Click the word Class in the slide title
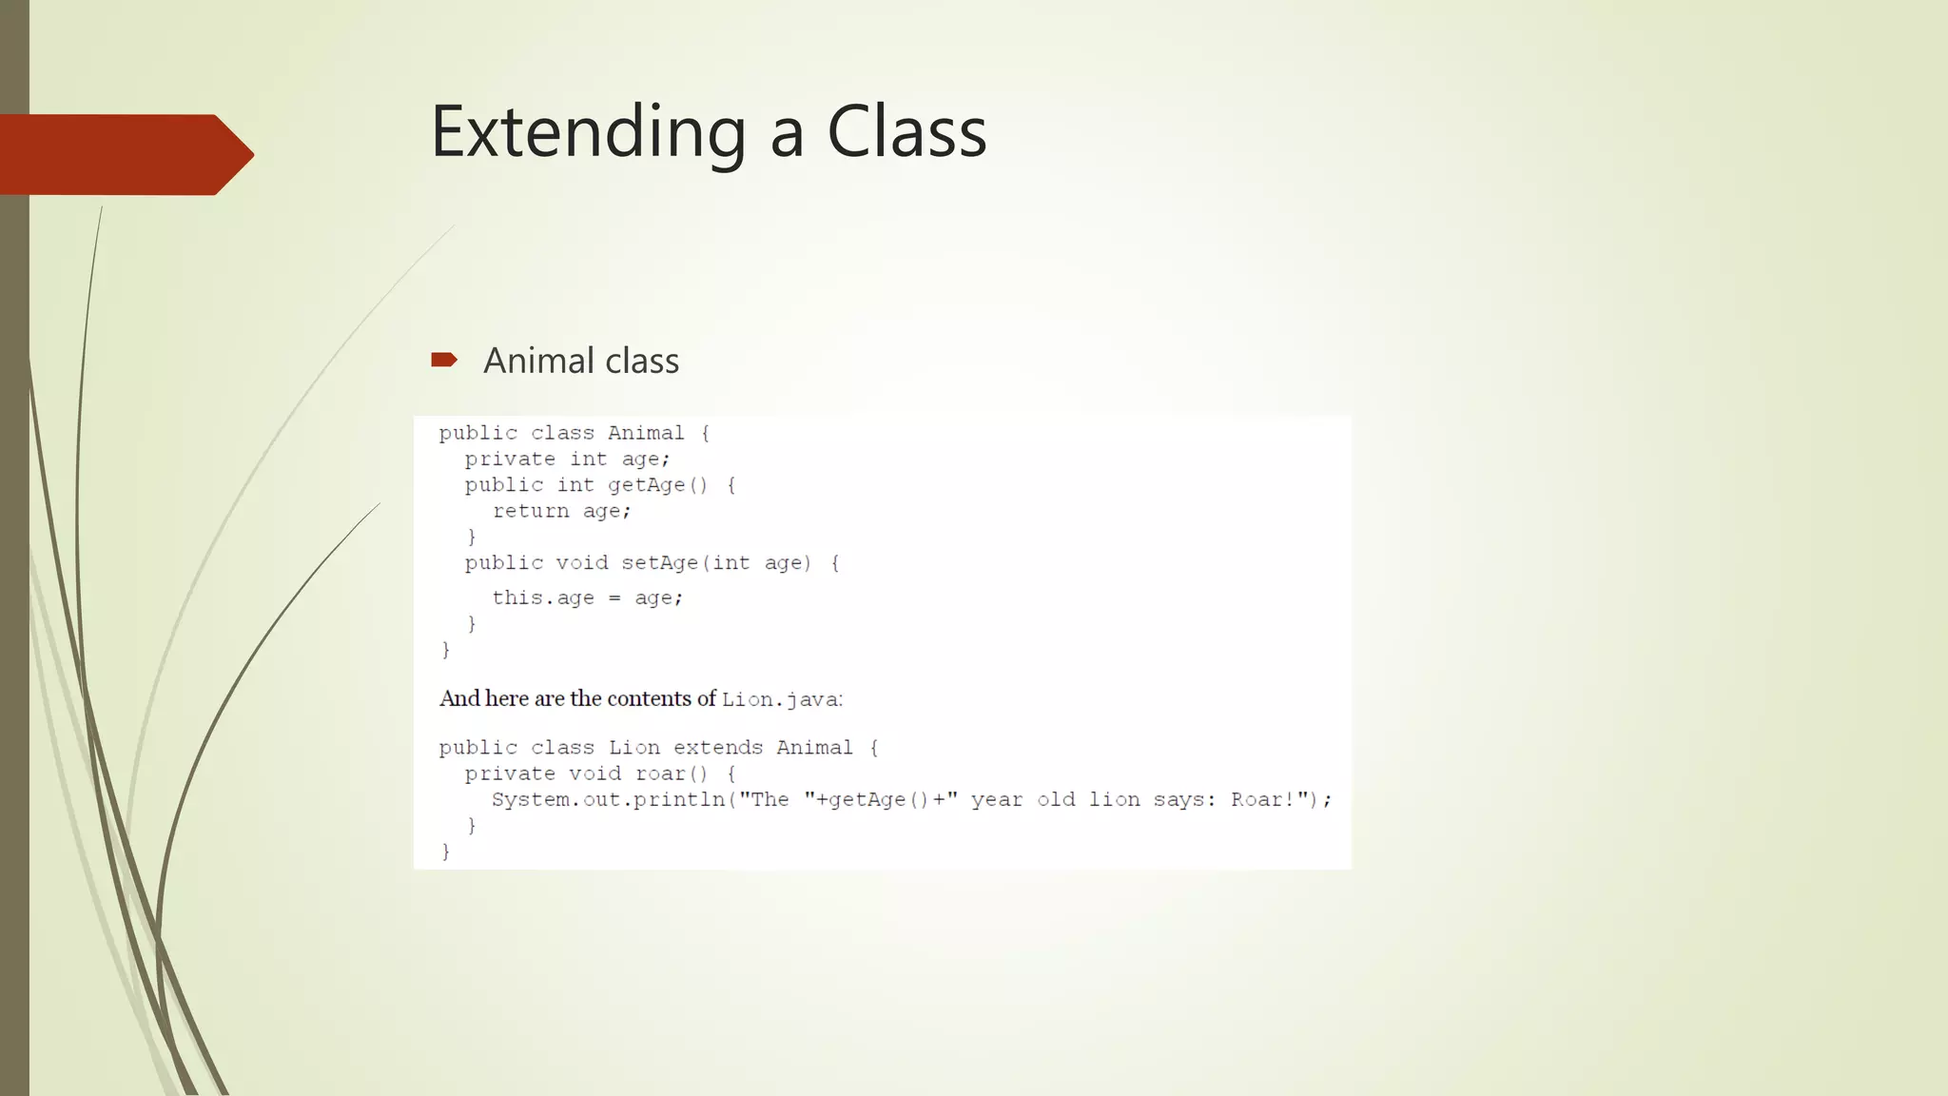(906, 132)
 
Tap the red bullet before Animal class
(444, 360)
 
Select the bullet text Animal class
(580, 362)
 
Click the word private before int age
(510, 460)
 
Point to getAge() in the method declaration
(657, 485)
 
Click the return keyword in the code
(531, 511)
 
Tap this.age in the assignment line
(542, 598)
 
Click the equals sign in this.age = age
(614, 598)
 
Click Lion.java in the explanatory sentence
(780, 700)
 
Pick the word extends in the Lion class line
(718, 748)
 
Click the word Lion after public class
(634, 748)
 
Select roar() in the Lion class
(672, 773)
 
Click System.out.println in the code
(609, 800)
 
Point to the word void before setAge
(581, 563)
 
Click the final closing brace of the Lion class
(445, 851)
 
